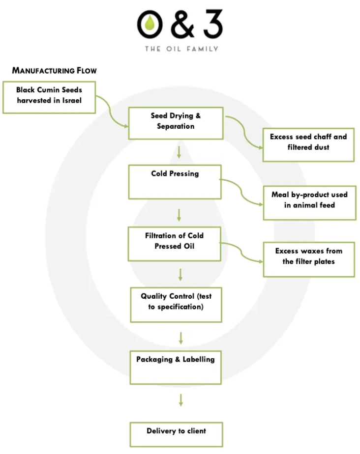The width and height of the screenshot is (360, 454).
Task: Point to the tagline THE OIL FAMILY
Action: coord(181,49)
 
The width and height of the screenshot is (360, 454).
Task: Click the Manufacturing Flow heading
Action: coord(54,70)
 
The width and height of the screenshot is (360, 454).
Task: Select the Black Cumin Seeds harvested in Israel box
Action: coord(49,97)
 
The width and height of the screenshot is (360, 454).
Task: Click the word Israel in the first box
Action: coord(70,101)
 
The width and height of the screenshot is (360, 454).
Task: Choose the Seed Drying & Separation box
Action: coord(176,124)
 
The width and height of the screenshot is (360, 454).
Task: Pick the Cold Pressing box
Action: coord(175,182)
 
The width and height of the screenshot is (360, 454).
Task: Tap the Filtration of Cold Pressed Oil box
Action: coord(174,244)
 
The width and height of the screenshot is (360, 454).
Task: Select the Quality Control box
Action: coord(176,304)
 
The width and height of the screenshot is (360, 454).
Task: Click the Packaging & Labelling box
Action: coord(176,367)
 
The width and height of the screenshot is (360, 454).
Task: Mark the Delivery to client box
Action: coord(176,434)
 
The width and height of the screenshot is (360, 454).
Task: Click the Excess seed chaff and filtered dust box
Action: coord(308,145)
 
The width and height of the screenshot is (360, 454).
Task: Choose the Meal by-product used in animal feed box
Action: coord(309,202)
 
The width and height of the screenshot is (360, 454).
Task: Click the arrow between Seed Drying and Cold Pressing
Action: coord(179,152)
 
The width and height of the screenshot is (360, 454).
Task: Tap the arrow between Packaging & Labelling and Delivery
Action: coord(181,400)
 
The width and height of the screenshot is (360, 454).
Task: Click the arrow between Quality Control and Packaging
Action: coord(181,338)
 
